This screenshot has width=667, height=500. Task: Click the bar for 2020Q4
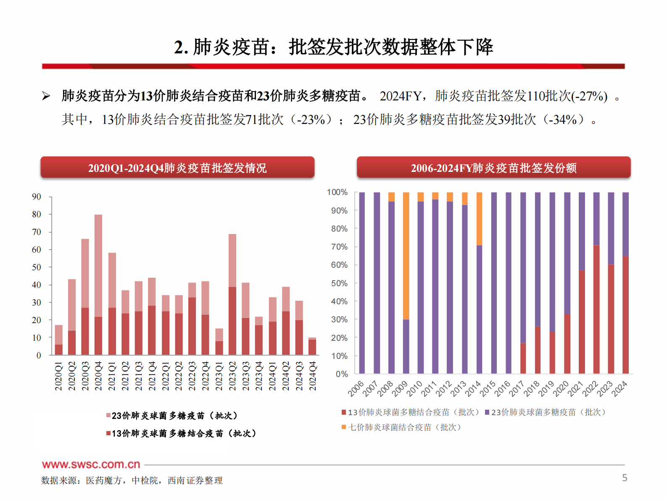tap(98, 286)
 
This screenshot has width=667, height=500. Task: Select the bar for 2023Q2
tap(232, 294)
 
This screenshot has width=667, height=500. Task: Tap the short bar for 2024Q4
tap(312, 347)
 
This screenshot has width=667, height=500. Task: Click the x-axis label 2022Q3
tap(192, 376)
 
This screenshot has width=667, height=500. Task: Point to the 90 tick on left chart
tap(37, 197)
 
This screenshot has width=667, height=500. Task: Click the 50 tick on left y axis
tap(37, 267)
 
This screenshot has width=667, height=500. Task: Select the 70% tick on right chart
tap(339, 247)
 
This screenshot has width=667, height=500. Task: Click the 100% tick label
tap(337, 192)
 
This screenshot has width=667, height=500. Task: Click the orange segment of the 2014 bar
tap(479, 218)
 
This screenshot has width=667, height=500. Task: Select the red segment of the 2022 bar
tap(596, 309)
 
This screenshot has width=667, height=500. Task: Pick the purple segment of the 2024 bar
tap(625, 224)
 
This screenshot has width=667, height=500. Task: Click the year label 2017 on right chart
tap(517, 389)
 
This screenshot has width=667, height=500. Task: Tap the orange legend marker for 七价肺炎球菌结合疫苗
tap(344, 427)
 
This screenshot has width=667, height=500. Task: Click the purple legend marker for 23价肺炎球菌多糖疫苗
tap(487, 413)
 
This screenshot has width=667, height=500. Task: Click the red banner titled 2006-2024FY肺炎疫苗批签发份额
tap(493, 168)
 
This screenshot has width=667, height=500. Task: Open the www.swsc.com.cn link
tap(91, 464)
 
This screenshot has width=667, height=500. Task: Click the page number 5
tap(625, 478)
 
